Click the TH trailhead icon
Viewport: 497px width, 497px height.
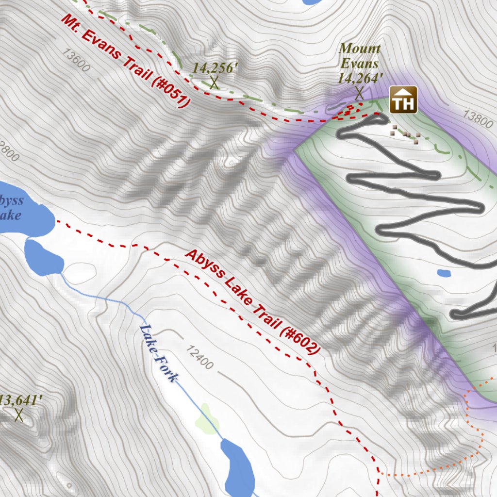pos(403,100)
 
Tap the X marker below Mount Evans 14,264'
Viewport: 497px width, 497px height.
pos(359,93)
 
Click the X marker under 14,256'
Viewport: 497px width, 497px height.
pos(214,83)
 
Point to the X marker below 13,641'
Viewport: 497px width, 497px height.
pos(19,415)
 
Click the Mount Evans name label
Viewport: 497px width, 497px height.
pos(360,56)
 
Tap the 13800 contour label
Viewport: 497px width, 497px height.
pos(478,118)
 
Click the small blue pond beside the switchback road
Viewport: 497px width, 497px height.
pos(444,273)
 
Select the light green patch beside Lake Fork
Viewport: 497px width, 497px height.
pos(207,419)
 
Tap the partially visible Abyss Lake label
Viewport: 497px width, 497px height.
pos(11,207)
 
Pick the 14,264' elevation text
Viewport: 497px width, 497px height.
pos(361,78)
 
